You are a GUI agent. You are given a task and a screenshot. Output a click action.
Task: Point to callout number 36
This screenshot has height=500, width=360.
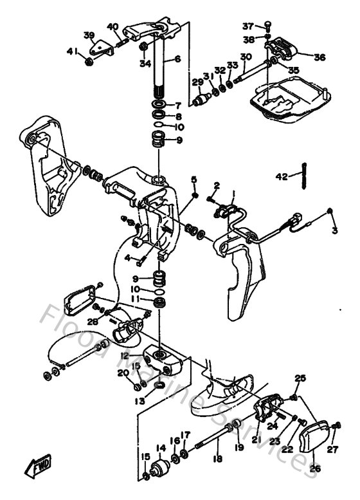coord(319,57)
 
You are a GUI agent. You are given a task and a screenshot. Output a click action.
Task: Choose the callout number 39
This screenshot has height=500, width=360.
coord(89,35)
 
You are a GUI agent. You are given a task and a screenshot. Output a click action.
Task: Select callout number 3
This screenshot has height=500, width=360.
coord(334,230)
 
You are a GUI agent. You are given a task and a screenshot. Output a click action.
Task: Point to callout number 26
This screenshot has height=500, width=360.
coord(314,468)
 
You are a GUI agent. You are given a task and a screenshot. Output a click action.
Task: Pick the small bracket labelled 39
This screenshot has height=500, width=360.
coord(100,48)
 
